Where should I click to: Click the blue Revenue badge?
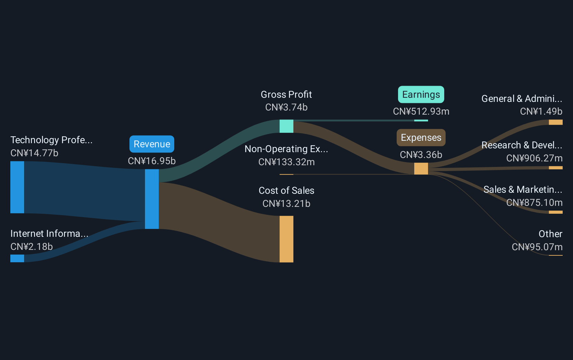pyautogui.click(x=152, y=144)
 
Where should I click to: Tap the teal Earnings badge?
pyautogui.click(x=421, y=94)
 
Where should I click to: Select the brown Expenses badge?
pyautogui.click(x=421, y=138)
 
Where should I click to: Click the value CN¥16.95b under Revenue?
pyautogui.click(x=152, y=161)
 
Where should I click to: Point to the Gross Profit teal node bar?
pyautogui.click(x=286, y=126)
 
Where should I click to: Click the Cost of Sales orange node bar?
pyautogui.click(x=286, y=239)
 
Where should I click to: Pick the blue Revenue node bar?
pyautogui.click(x=152, y=199)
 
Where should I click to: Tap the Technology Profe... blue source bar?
pyautogui.click(x=17, y=187)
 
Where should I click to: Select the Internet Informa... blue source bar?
pyautogui.click(x=17, y=258)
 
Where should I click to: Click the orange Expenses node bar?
pyautogui.click(x=421, y=169)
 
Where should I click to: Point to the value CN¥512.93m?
pyautogui.click(x=421, y=112)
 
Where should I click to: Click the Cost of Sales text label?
pyautogui.click(x=286, y=190)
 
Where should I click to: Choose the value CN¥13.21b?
pyautogui.click(x=286, y=204)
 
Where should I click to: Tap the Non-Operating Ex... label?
pyautogui.click(x=286, y=149)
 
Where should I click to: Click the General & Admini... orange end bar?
pyautogui.click(x=555, y=122)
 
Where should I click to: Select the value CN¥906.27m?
pyautogui.click(x=534, y=158)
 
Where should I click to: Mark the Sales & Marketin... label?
pyautogui.click(x=523, y=189)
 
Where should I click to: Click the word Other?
pyautogui.click(x=551, y=234)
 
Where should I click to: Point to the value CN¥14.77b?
pyautogui.click(x=34, y=153)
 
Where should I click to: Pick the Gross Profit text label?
pyautogui.click(x=286, y=95)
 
